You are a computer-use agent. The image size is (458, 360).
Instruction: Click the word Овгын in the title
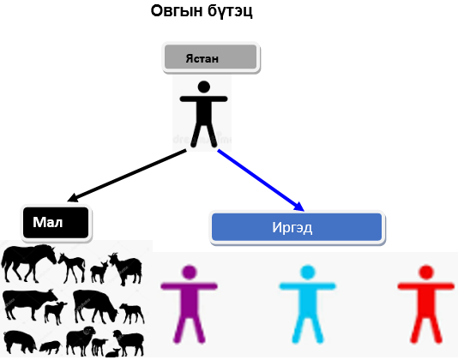[177, 11]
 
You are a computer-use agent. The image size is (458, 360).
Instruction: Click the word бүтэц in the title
[230, 12]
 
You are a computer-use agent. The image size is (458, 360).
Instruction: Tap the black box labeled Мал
[56, 223]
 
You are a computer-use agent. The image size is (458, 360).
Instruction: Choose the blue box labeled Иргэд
[297, 227]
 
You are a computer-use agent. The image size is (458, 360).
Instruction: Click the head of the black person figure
[203, 87]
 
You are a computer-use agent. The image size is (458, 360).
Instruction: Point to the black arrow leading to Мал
[127, 176]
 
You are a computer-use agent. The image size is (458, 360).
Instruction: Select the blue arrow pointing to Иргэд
[261, 180]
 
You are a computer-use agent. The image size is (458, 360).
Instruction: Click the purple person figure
[190, 303]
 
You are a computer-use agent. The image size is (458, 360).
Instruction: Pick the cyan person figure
[308, 303]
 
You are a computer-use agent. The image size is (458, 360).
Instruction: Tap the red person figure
[426, 303]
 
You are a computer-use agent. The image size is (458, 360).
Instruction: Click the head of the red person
[426, 273]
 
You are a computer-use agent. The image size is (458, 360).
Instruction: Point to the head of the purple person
[190, 273]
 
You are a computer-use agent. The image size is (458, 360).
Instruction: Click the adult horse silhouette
[27, 263]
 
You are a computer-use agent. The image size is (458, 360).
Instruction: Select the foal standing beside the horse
[72, 267]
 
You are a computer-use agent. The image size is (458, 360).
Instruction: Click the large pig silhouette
[20, 341]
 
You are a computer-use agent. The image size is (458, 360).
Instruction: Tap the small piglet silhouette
[51, 347]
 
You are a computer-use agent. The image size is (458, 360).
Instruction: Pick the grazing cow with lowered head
[95, 306]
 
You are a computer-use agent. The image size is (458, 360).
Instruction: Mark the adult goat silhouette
[126, 268]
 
